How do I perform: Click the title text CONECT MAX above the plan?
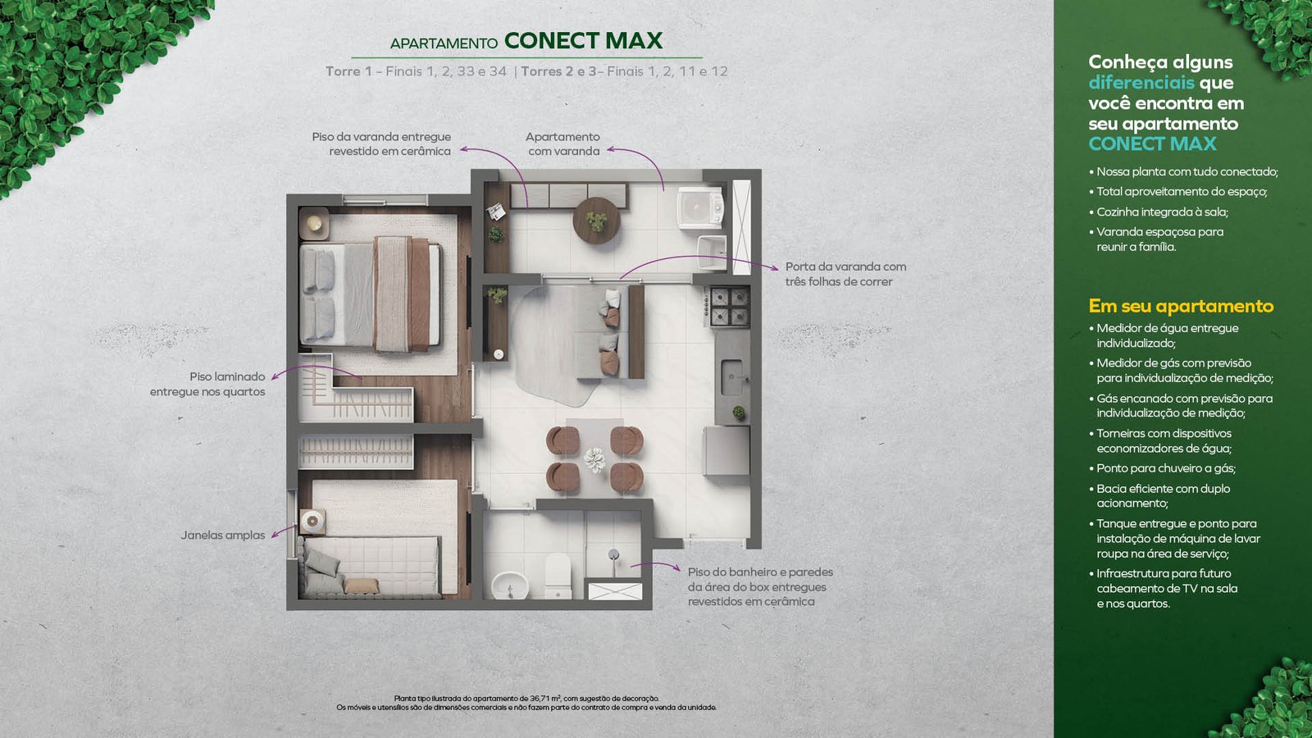pos(583,41)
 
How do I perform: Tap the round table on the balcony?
pos(596,221)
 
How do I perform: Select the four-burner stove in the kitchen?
pos(730,307)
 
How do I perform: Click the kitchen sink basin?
pos(732,377)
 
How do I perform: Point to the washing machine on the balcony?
pos(700,207)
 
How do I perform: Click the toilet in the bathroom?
pos(558,576)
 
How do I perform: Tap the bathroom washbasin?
pos(509,585)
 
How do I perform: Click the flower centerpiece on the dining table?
pos(594,458)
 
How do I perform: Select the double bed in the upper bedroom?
pos(371,294)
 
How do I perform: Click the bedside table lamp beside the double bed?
pos(315,223)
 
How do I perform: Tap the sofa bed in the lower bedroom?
pos(370,567)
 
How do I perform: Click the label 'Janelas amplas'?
pos(222,535)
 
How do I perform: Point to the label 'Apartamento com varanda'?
pos(563,143)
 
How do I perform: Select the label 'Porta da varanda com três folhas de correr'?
pos(845,274)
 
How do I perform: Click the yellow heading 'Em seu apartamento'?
pos(1181,306)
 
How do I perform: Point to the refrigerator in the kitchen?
pos(727,450)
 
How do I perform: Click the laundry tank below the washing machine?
pos(713,252)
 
